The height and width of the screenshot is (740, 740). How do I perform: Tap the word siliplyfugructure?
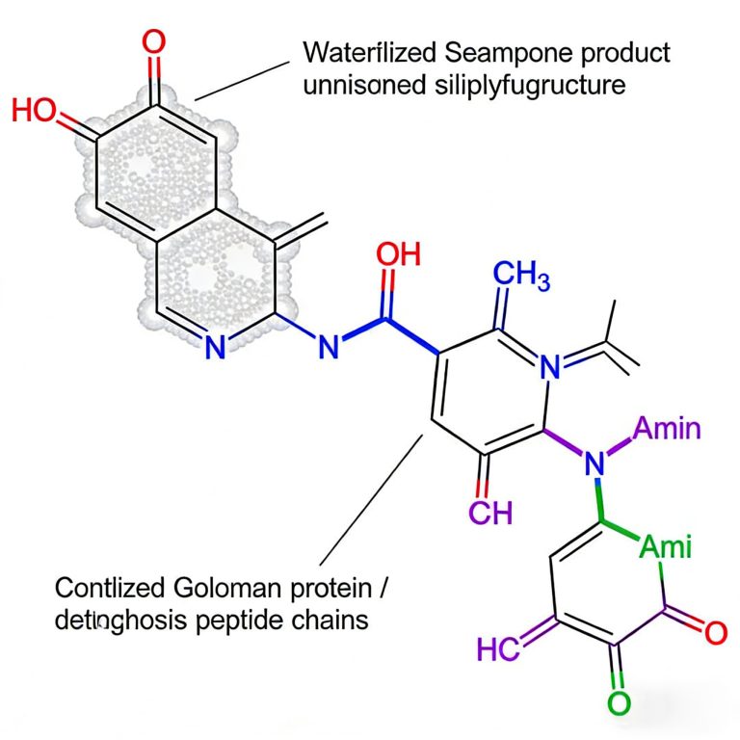point(526,85)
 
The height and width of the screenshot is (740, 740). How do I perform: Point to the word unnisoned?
point(360,85)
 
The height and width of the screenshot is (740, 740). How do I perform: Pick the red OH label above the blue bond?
point(398,254)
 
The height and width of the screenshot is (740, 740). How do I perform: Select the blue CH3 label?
point(519,275)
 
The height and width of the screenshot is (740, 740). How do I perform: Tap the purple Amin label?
point(668,428)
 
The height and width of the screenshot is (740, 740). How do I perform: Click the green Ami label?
point(666,548)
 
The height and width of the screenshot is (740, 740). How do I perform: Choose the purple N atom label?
point(595,464)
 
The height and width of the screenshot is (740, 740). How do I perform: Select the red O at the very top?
point(153,42)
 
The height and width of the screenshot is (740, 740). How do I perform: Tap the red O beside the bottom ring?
point(714,633)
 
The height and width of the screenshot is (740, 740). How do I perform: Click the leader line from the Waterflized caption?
point(241,78)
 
